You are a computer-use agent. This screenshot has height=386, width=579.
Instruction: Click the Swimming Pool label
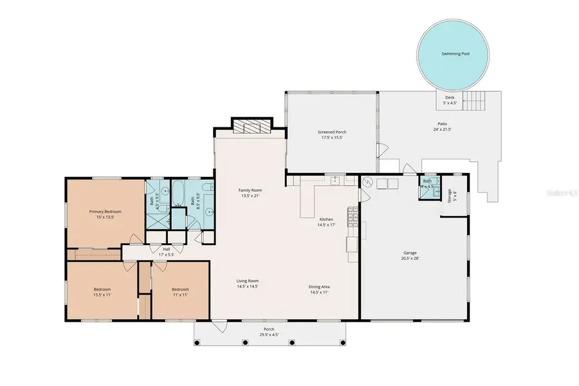(x=455, y=53)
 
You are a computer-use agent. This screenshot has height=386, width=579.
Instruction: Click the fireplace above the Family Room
(x=252, y=126)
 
